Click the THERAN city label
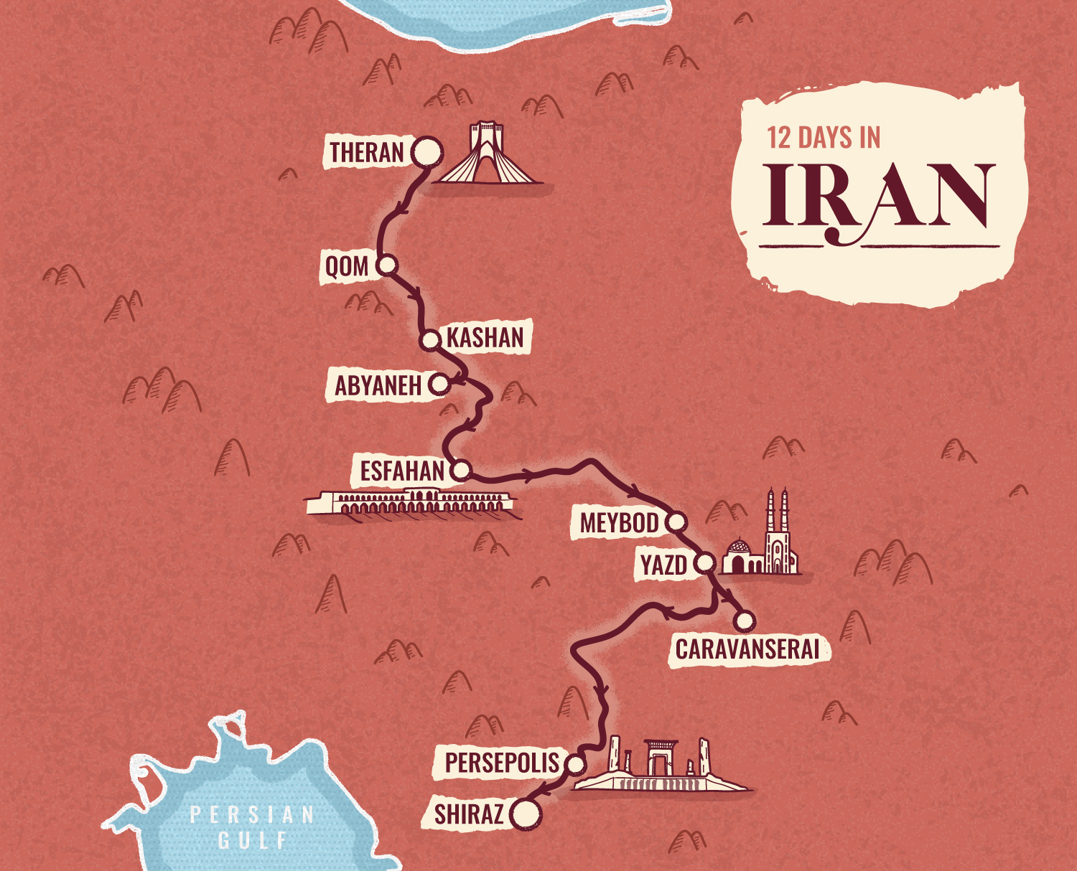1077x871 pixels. coord(367,153)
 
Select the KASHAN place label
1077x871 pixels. coord(485,337)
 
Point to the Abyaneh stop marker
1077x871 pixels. coord(439,385)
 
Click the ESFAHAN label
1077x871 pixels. coord(402,471)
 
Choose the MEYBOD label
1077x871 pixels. coord(619,523)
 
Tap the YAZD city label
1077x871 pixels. coord(663,565)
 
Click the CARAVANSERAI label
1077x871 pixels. coord(747,649)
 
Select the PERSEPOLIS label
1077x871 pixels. coord(501,763)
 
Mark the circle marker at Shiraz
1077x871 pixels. coord(526,815)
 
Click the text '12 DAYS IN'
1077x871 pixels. coord(824,138)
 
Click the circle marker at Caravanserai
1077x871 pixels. coord(745,620)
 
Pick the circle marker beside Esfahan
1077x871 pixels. coord(460,471)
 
